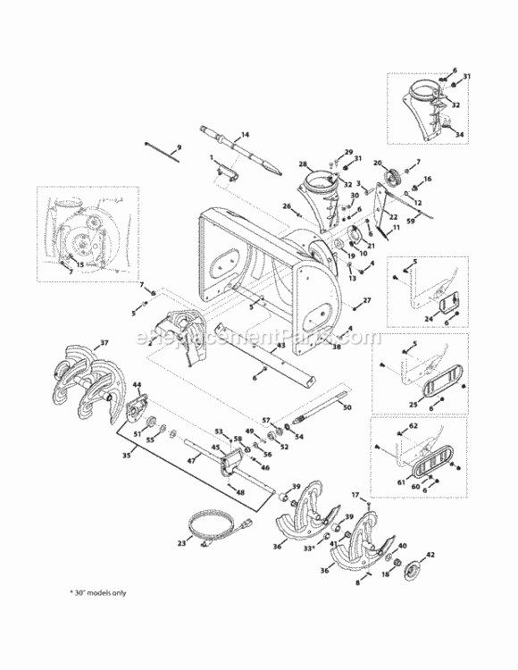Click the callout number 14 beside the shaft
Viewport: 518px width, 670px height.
[246, 134]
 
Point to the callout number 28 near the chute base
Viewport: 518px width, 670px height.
[303, 165]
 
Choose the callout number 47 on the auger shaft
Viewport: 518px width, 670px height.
[190, 460]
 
